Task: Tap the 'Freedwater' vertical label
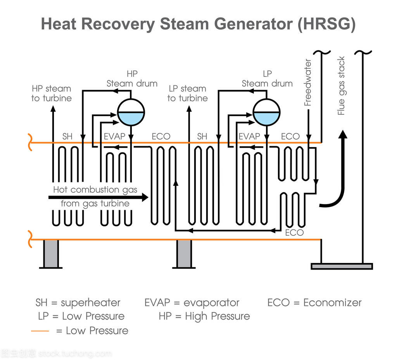coord(308,83)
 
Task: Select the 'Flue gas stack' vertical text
coord(341,86)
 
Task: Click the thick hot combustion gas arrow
coord(98,197)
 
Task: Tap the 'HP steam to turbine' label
coord(52,93)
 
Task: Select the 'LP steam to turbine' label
coord(188,93)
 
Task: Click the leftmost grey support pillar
coord(51,254)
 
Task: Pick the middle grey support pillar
coord(184,254)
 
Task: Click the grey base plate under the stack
coord(342,266)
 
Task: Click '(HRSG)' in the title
coord(326,24)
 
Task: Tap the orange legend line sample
coord(40,331)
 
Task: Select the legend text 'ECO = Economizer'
coord(314,303)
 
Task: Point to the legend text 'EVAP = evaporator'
coord(192,303)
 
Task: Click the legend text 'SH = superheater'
coord(78,303)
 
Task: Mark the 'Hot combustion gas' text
coord(95,190)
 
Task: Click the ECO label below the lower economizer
coord(294,233)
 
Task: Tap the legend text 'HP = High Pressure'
coord(204,316)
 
